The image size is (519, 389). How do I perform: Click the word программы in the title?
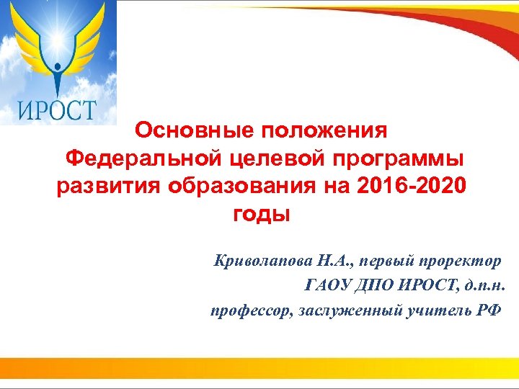pyautogui.click(x=396, y=159)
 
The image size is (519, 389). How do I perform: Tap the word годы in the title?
pyautogui.click(x=260, y=215)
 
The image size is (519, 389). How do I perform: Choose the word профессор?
pyautogui.click(x=247, y=310)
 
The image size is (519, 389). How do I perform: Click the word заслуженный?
pyautogui.click(x=341, y=310)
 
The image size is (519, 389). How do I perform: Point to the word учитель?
pyautogui.click(x=431, y=310)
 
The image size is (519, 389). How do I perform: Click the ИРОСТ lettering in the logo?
pyautogui.click(x=56, y=110)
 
